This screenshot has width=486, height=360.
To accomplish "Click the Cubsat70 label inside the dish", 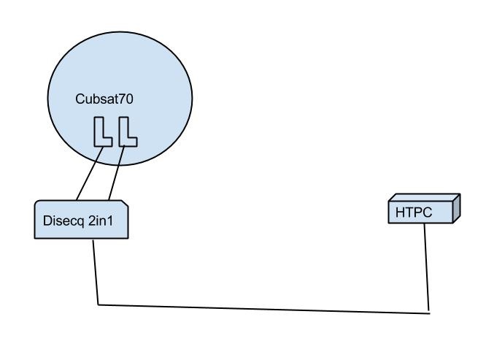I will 104,99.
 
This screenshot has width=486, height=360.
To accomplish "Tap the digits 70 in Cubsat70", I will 126,99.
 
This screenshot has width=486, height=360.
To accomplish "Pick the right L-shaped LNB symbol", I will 126,133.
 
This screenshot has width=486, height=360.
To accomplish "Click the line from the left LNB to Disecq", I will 88,173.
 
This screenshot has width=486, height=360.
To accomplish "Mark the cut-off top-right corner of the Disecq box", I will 126,203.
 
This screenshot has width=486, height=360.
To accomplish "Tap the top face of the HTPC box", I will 423,198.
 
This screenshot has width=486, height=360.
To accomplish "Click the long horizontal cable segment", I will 263,309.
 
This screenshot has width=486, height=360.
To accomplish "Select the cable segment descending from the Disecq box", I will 95,270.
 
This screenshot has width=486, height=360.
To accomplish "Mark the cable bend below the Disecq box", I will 98,305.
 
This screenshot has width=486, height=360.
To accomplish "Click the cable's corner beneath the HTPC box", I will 428,313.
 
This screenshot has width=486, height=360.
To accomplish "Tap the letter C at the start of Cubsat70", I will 80,99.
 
